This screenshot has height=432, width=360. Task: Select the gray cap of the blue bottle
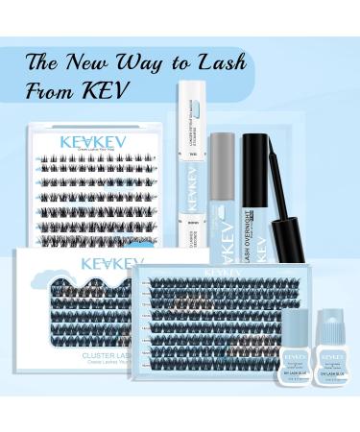click(222, 153)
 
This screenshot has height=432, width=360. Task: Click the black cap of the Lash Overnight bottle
click(258, 155)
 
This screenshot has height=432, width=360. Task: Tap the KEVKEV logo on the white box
click(112, 263)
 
